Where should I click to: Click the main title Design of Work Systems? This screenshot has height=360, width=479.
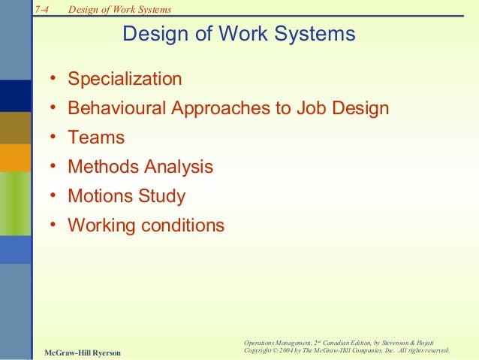(238, 35)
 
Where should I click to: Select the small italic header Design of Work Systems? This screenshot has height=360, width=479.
(119, 10)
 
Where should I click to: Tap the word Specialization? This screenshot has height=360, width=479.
(125, 79)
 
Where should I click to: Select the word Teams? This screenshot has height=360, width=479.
(96, 138)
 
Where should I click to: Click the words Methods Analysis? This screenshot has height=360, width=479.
(140, 167)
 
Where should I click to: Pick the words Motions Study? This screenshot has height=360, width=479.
(126, 196)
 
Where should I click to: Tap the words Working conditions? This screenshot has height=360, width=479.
(146, 225)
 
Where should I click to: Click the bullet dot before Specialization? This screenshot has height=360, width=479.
(54, 80)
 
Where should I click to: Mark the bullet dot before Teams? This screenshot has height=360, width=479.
(54, 138)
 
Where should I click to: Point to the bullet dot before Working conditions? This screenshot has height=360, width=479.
(54, 226)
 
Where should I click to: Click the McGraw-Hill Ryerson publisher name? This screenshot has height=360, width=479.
(82, 352)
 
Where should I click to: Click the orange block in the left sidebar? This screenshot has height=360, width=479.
(15, 159)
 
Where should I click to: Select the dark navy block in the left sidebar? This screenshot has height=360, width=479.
(15, 95)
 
